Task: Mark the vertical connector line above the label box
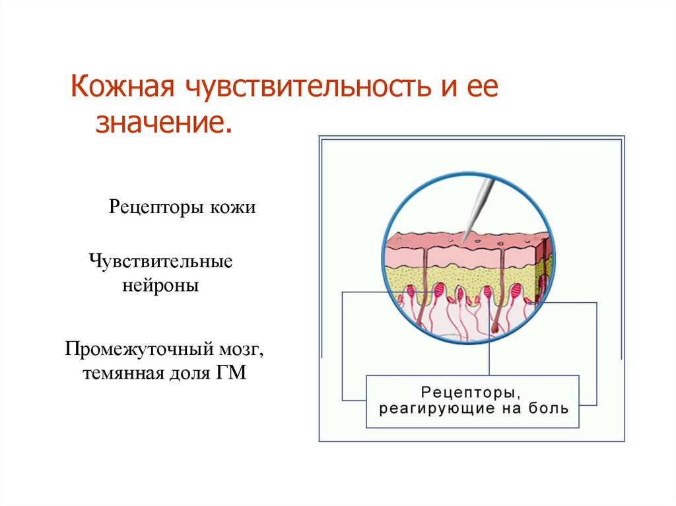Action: click(489, 356)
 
